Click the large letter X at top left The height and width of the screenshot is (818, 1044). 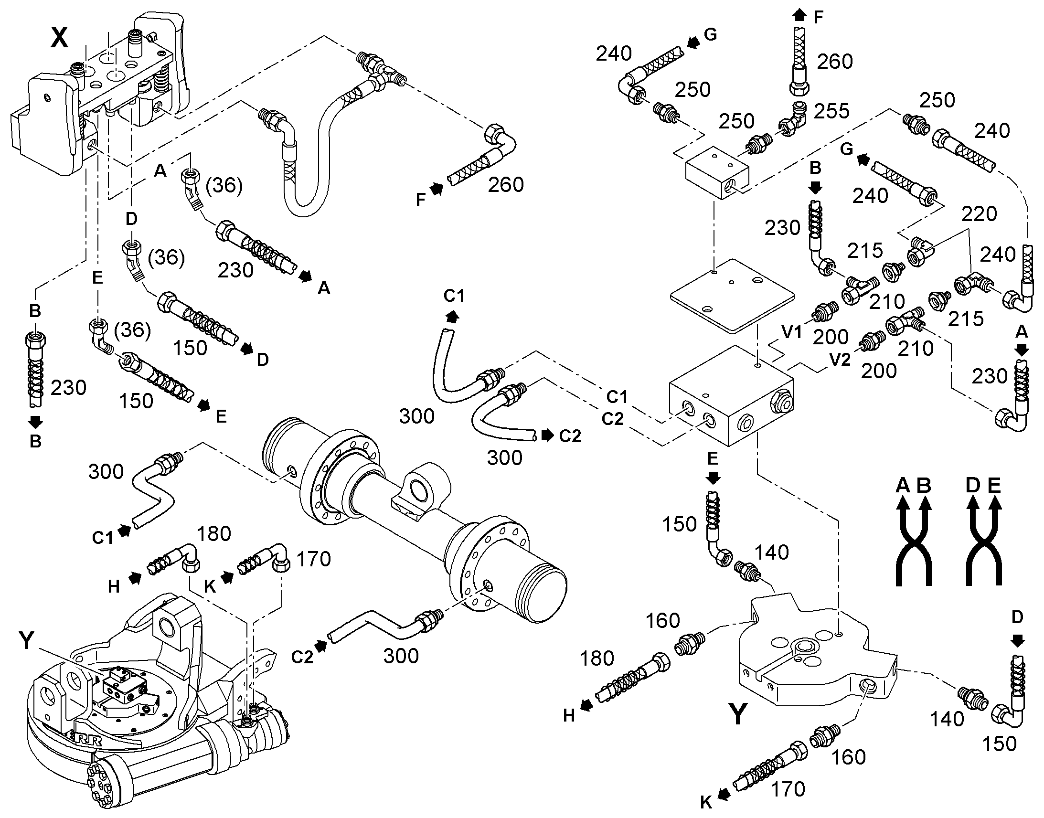(x=59, y=38)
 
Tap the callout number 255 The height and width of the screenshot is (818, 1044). (x=831, y=111)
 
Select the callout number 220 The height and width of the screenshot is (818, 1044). (x=979, y=213)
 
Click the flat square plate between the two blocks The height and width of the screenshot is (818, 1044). (x=732, y=295)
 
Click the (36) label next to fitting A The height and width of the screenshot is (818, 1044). (x=224, y=185)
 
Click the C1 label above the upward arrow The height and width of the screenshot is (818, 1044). (x=454, y=296)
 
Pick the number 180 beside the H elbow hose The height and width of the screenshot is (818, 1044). (x=214, y=533)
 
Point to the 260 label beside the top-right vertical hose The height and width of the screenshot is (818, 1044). (x=835, y=62)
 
